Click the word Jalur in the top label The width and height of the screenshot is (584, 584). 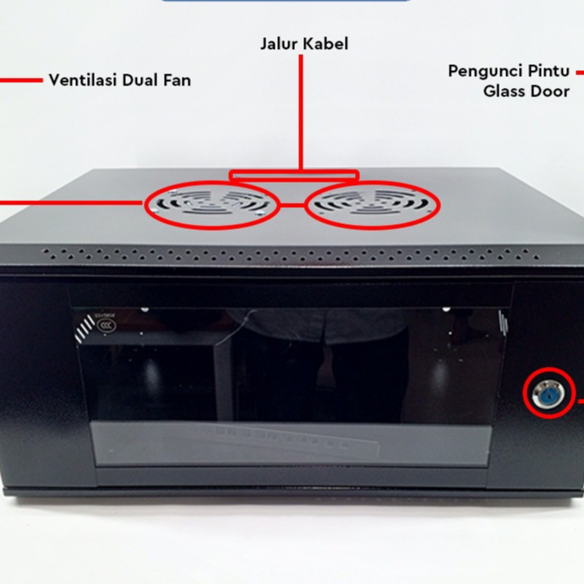[280, 43]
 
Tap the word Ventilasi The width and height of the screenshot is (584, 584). [83, 81]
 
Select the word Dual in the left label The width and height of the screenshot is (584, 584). [143, 81]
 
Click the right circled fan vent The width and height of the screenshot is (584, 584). [372, 205]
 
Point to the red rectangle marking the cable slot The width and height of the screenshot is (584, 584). [293, 177]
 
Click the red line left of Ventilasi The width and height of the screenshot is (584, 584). [20, 81]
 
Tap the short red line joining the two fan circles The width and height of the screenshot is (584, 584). [292, 205]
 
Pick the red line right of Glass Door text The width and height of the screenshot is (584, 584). [579, 72]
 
